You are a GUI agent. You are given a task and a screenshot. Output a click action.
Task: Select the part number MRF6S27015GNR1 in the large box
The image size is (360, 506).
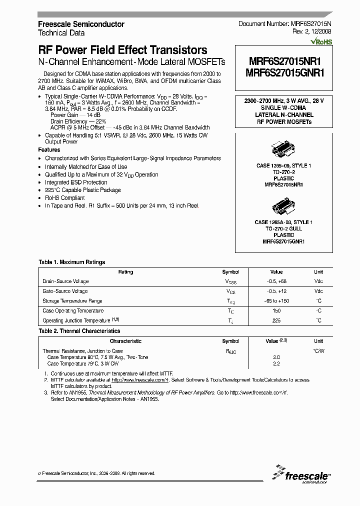pos(282,72)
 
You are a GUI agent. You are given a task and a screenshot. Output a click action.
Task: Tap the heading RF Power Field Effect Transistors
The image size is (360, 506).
pos(122,50)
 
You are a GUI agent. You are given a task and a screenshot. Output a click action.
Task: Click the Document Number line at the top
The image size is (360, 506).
pos(284,24)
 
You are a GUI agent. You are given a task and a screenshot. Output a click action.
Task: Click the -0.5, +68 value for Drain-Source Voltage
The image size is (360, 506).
pos(276,281)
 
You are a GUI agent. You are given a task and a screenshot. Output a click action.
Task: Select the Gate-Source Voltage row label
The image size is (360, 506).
pos(65,291)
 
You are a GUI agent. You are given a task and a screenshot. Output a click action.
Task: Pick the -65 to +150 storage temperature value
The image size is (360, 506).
pos(276,301)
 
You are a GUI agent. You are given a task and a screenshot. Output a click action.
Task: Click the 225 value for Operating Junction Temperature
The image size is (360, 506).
pos(276,320)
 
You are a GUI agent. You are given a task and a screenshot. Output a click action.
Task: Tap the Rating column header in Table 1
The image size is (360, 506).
pos(125,272)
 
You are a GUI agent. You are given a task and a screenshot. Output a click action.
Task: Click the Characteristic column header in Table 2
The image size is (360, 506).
pos(125,341)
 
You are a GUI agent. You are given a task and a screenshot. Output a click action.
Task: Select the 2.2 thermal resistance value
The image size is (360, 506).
pos(276,363)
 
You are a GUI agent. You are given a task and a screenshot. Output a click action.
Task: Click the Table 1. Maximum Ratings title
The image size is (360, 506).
pos(72,262)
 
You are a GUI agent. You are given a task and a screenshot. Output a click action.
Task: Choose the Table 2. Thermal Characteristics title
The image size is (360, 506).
pos(79,331)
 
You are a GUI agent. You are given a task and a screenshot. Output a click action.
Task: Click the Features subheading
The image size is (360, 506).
pos(49,149)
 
